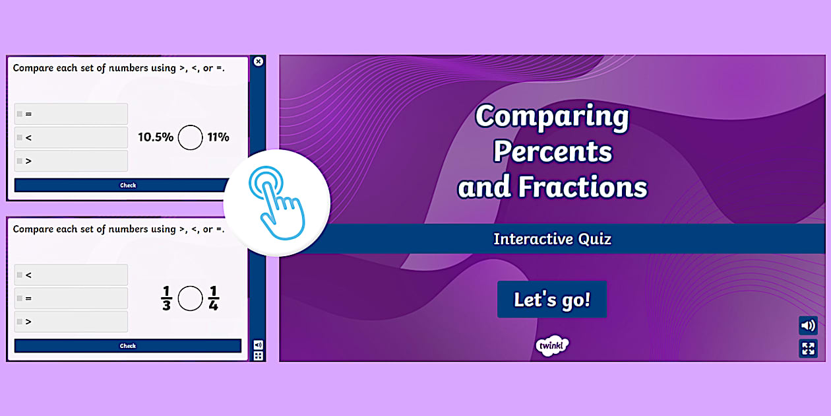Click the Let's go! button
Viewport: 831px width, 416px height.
click(x=552, y=300)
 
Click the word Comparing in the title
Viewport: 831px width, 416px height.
click(x=552, y=117)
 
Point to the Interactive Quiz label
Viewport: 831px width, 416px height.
click(x=552, y=239)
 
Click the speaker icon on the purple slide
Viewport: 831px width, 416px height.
click(x=808, y=326)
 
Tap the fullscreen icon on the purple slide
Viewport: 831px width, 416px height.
click(x=808, y=348)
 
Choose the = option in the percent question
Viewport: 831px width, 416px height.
click(x=71, y=114)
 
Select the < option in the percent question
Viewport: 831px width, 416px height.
click(x=71, y=137)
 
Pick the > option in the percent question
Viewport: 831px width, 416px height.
click(x=71, y=160)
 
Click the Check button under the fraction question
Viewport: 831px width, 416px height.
click(x=128, y=346)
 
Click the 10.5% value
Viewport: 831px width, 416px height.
click(x=156, y=137)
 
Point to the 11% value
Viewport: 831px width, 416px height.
click(x=218, y=137)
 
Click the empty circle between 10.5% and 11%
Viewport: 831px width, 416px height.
click(x=191, y=137)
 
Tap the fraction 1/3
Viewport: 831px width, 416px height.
click(x=166, y=298)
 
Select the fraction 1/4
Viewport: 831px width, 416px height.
click(x=213, y=298)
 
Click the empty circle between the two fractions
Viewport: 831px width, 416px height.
click(x=191, y=298)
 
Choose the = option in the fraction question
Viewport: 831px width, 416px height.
click(x=71, y=298)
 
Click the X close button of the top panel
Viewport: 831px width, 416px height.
click(x=259, y=61)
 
